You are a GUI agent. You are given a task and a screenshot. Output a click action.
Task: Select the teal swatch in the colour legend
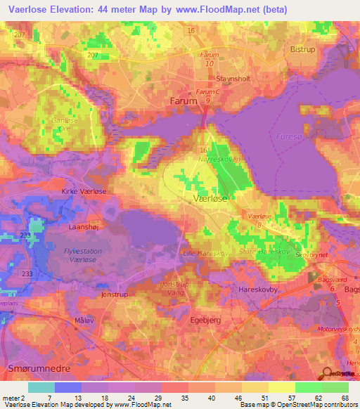click(x=41, y=387)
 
